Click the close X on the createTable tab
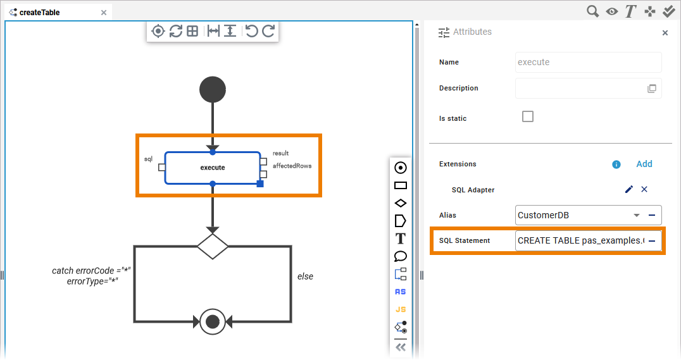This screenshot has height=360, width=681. [x=104, y=12]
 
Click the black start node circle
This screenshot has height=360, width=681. [x=213, y=89]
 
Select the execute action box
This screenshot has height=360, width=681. [x=213, y=168]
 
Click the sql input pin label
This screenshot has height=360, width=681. [x=148, y=159]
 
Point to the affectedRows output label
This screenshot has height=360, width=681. [x=292, y=166]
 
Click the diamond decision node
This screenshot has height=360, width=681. [x=213, y=246]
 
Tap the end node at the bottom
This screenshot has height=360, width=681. [x=213, y=321]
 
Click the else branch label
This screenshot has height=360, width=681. [x=305, y=276]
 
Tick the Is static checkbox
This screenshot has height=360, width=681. [x=528, y=116]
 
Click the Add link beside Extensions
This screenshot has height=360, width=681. [x=644, y=164]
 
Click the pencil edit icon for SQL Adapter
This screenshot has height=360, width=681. [x=628, y=189]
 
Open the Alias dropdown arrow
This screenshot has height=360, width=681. [x=637, y=215]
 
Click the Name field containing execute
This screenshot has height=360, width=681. [x=588, y=62]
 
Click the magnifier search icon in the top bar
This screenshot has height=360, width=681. [x=592, y=11]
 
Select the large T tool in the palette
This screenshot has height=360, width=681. [x=400, y=239]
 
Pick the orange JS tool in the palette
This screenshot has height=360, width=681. [x=400, y=309]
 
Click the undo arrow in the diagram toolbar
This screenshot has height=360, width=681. [x=252, y=31]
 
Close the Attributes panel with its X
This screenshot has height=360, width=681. [x=665, y=33]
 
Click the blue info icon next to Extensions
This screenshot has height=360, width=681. [x=616, y=164]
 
